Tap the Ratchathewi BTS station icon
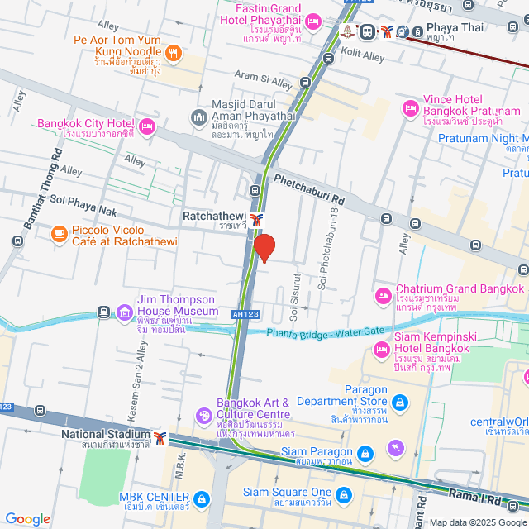pos(258,219)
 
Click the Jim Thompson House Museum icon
pos(124,312)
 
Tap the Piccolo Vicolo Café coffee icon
pos(59,235)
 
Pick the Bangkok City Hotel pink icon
pos(147,126)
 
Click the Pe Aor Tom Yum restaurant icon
pos(173,54)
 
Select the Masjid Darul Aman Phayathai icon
pos(198,118)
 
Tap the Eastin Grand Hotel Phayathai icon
pos(314,20)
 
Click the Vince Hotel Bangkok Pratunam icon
pos(410,108)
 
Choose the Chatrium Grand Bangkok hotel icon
pos(383,295)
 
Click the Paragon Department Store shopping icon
pos(400,402)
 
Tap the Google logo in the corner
pos(28,519)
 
